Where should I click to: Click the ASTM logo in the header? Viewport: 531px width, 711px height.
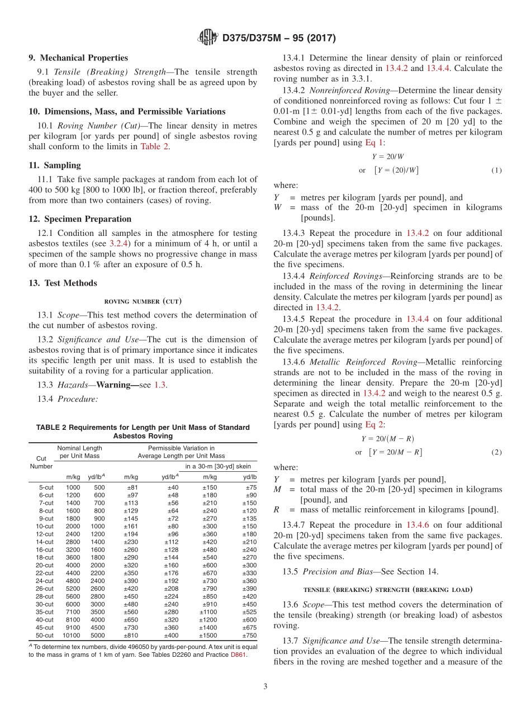[x=208, y=38]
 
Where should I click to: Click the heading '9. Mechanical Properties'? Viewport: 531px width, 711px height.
[x=78, y=58]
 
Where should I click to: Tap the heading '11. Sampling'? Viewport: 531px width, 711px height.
[x=55, y=165]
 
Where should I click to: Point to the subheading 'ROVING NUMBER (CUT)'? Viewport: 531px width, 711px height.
[x=143, y=301]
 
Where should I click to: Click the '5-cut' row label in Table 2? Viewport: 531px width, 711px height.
[x=46, y=487]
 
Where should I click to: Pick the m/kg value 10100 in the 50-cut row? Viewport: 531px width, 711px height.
[x=72, y=636]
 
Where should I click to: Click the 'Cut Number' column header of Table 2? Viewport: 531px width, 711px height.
[x=41, y=462]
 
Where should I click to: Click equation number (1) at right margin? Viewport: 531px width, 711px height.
[x=496, y=170]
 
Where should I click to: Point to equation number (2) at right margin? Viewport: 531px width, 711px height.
[x=496, y=452]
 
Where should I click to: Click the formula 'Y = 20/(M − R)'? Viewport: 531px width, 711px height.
[x=388, y=439]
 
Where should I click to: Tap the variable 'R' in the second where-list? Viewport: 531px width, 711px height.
[x=276, y=510]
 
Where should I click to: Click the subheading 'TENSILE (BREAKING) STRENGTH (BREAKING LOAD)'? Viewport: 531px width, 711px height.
[x=388, y=589]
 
